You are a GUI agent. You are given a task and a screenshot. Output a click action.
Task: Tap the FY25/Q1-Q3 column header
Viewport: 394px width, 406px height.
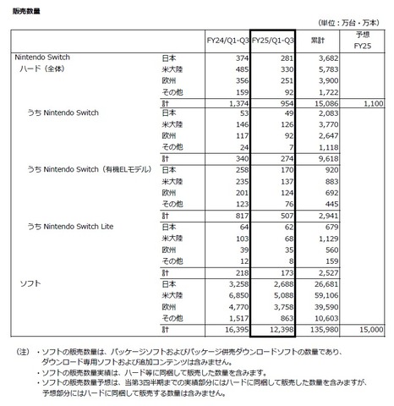click(x=273, y=40)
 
